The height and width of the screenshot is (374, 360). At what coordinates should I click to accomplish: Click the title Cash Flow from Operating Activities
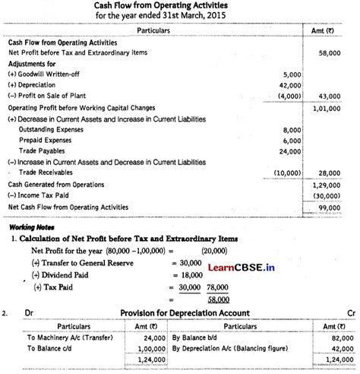pos(180,5)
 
